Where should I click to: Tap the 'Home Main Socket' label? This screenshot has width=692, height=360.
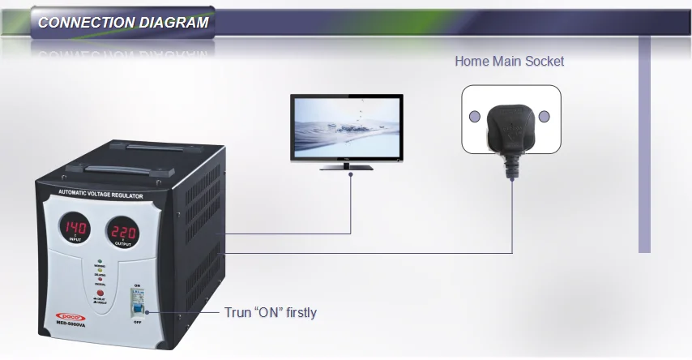pyautogui.click(x=509, y=61)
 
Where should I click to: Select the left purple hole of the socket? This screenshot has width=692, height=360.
pyautogui.click(x=476, y=116)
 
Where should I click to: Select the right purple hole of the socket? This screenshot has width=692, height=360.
pyautogui.click(x=545, y=116)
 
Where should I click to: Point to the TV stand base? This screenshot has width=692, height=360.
pyautogui.click(x=347, y=167)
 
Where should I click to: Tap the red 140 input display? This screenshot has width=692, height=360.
pyautogui.click(x=77, y=228)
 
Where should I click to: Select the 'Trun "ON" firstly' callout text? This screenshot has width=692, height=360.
pyautogui.click(x=270, y=312)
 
